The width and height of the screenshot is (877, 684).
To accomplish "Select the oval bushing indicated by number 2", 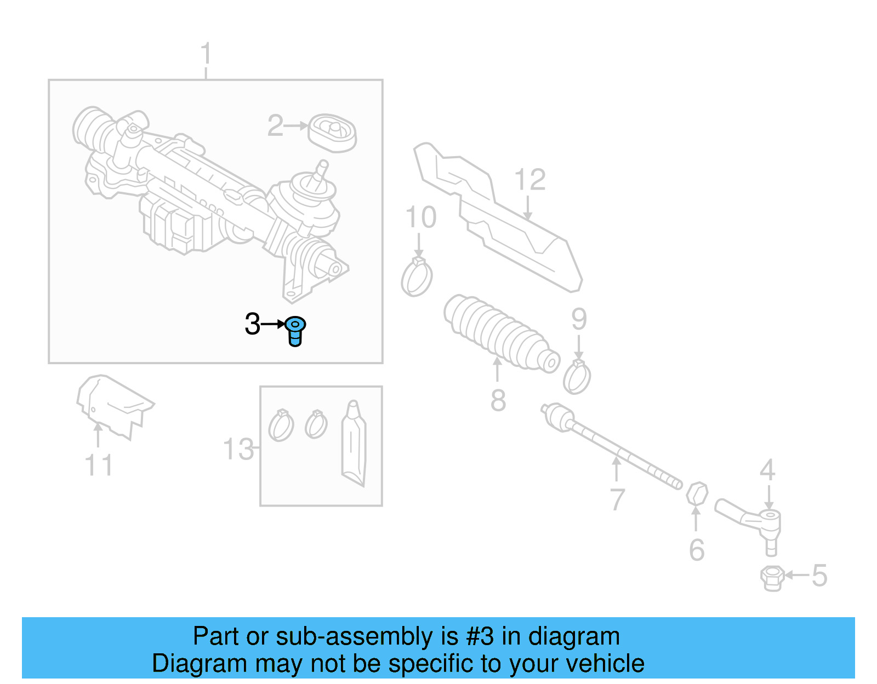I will (332, 133).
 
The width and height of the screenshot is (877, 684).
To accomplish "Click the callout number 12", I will (529, 180).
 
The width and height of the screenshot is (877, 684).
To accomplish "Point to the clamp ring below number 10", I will (417, 277).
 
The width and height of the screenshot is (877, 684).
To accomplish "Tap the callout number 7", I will (617, 499).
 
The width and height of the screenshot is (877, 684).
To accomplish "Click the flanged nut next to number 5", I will (771, 578).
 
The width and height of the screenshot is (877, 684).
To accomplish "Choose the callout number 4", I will (767, 470).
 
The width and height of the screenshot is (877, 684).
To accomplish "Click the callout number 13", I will (239, 449).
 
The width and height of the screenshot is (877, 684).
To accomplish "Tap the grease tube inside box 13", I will (353, 444).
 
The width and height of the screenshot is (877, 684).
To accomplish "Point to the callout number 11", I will (99, 465).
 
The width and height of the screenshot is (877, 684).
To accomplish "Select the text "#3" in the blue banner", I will (480, 636).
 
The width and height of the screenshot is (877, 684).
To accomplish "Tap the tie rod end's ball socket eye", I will (770, 515).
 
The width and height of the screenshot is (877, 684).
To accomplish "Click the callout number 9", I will (579, 319).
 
